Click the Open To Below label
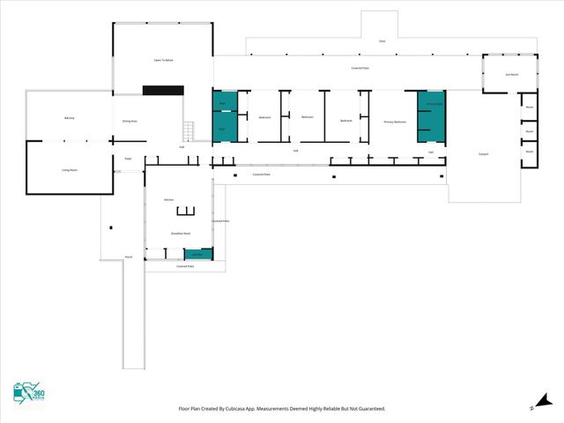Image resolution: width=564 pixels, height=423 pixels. [x=163, y=60]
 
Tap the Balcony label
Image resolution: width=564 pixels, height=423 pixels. [x=70, y=117]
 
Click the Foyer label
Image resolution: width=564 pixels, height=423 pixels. [x=128, y=159]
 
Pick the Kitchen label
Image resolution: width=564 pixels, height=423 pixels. [x=169, y=200]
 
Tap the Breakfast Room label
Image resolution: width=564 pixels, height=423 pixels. [x=181, y=234]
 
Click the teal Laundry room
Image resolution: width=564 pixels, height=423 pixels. [x=198, y=254]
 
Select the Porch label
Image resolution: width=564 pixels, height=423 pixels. [x=129, y=256]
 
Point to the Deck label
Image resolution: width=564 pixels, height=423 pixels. [x=382, y=41]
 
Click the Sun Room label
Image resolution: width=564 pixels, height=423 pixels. [x=510, y=74]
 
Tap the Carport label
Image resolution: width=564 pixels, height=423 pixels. [x=484, y=154]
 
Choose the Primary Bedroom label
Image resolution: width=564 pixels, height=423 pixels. [x=394, y=122]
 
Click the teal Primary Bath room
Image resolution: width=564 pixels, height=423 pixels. [x=433, y=115]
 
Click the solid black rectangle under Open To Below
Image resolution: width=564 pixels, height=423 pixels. [x=163, y=90]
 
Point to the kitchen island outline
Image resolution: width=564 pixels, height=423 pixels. [x=185, y=211]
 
